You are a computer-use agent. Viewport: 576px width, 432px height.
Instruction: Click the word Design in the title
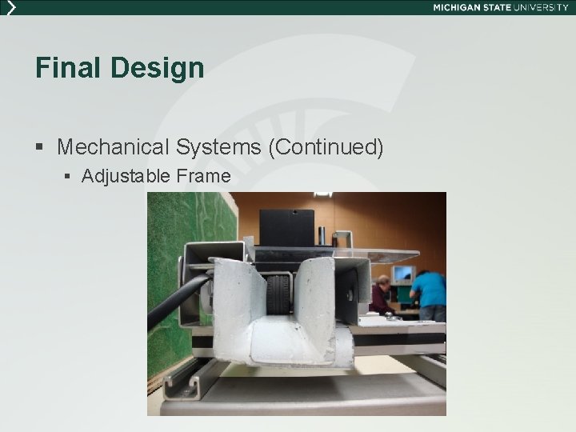tap(158, 68)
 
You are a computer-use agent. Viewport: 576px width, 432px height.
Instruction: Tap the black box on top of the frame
tap(286, 227)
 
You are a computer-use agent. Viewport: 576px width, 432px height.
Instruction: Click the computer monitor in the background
tap(403, 274)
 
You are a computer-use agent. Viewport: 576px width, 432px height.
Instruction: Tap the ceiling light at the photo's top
tap(322, 194)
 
